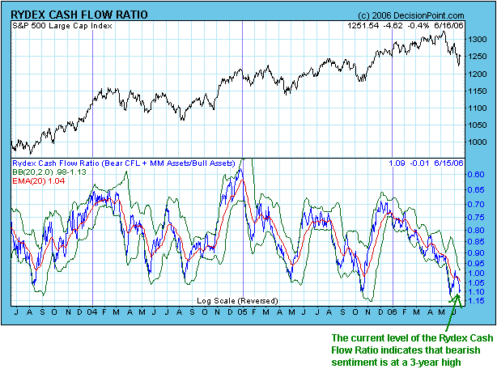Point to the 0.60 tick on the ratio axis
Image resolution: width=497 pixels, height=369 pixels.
(x=476, y=174)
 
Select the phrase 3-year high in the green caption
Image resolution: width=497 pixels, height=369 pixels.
(x=432, y=363)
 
